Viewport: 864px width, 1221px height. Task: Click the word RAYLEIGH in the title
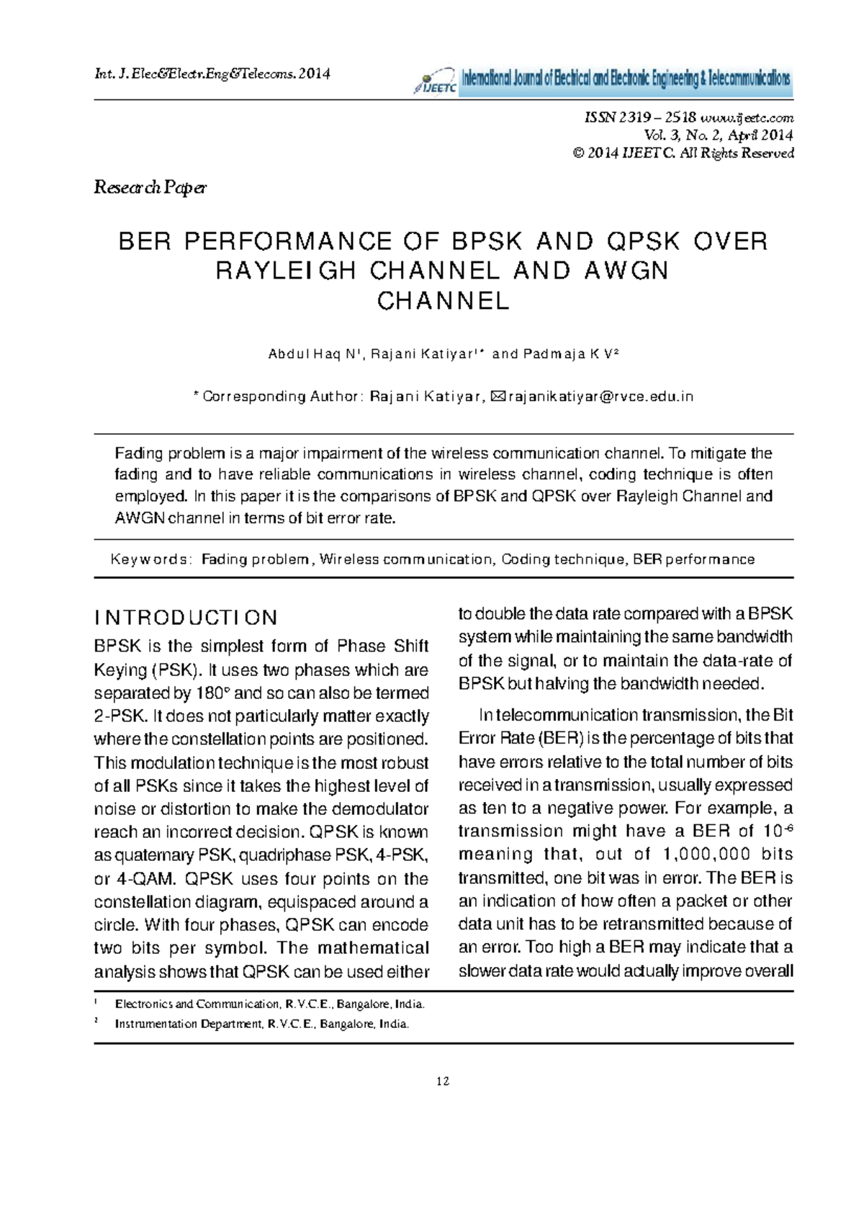click(x=286, y=271)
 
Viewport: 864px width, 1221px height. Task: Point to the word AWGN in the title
click(x=626, y=271)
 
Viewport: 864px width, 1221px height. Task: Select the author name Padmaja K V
click(x=568, y=354)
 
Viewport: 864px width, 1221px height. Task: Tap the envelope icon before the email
click(x=497, y=397)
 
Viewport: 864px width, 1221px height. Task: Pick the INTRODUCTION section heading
click(x=186, y=618)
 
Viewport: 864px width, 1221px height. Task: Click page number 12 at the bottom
click(x=443, y=1081)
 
